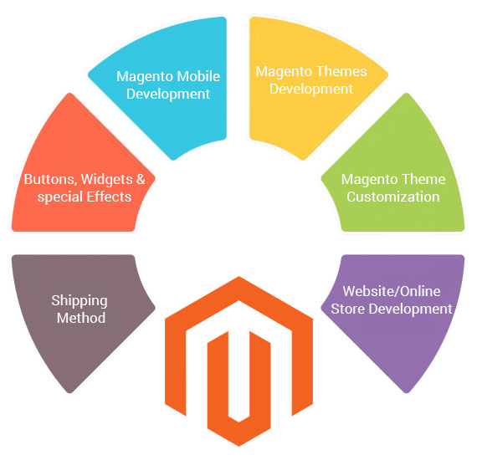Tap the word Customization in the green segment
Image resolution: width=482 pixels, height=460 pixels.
tap(393, 197)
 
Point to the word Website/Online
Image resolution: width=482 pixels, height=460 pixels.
tap(392, 291)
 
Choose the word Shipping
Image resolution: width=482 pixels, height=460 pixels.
tap(79, 301)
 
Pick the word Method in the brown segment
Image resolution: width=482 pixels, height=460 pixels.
tap(81, 318)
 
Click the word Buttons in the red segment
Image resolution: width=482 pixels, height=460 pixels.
tap(50, 180)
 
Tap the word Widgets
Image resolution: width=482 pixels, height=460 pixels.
tap(106, 180)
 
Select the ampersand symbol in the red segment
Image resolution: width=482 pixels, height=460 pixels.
tap(141, 179)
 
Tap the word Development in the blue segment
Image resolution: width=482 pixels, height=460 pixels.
tap(168, 94)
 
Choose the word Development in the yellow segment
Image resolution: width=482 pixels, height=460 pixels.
tap(311, 89)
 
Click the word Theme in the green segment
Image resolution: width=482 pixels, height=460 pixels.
tap(425, 179)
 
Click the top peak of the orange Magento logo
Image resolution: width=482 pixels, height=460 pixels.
tap(238, 277)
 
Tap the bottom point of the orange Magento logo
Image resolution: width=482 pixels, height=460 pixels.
tap(238, 445)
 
